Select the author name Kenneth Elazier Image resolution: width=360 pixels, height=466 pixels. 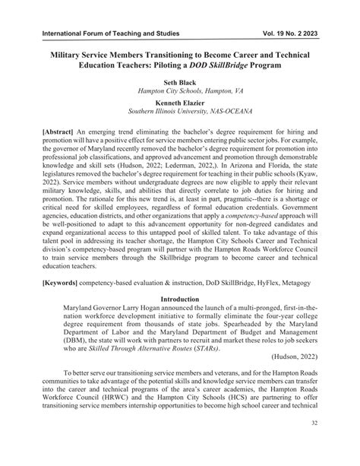pos(179,101)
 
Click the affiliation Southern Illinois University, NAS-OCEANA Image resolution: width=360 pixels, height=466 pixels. pos(179,111)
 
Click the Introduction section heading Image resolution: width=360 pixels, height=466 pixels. pos(179,300)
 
